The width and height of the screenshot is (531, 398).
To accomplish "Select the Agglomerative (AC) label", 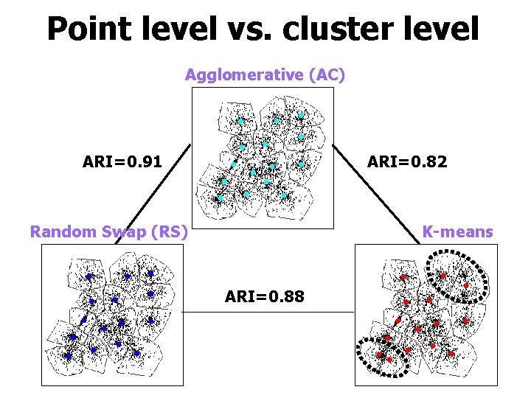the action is pos(265,75).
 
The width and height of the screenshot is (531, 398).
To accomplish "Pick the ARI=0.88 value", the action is pos(265,297).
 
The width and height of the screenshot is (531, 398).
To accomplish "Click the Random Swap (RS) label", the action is pos(108,232).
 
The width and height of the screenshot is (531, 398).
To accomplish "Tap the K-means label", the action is pos(457,232).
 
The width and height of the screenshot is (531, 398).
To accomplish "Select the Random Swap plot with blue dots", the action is pos(112,315).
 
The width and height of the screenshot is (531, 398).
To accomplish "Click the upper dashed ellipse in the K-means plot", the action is pos(457,276).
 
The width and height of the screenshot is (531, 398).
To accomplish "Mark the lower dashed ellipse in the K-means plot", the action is pos(383,356).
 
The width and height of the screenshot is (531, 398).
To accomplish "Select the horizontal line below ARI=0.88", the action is pos(268,313).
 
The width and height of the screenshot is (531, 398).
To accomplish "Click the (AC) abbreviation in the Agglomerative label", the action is pos(327,75).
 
